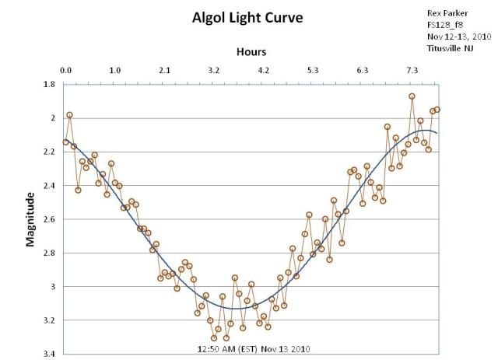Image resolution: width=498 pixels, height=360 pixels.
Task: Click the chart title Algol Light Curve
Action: (x=248, y=17)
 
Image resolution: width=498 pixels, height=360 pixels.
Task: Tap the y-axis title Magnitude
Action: (x=31, y=221)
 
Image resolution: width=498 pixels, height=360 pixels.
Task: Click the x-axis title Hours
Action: (x=251, y=52)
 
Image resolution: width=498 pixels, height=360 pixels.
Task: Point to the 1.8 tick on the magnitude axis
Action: (x=49, y=84)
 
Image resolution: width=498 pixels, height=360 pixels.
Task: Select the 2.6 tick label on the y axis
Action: (x=49, y=219)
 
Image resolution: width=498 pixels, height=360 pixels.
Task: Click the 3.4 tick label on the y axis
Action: (x=49, y=354)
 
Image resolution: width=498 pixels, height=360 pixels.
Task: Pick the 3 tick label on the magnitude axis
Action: (x=52, y=287)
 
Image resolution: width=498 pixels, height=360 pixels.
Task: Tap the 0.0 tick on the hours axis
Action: (x=66, y=71)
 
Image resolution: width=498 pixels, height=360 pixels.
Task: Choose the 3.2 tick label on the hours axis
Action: (x=214, y=71)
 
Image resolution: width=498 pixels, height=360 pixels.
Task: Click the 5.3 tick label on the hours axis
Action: (x=313, y=71)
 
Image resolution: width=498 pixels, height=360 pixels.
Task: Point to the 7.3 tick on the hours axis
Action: (x=412, y=71)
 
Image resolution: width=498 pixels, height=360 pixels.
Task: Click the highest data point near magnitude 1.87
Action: (x=412, y=96)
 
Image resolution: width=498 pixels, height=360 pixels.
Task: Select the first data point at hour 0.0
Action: (x=66, y=142)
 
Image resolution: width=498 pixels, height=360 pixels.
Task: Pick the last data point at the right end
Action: (x=437, y=110)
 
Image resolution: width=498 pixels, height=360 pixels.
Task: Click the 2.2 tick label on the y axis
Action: (x=49, y=152)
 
